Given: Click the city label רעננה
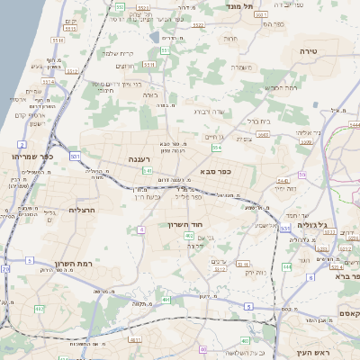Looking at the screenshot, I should click(x=139, y=159).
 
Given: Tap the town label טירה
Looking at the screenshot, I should click(x=310, y=53).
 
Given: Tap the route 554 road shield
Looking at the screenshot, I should click(x=217, y=147).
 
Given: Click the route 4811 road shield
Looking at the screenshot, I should click(x=136, y=340).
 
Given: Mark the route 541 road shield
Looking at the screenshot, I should click(x=147, y=170).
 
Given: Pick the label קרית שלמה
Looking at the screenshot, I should click(x=117, y=53).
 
